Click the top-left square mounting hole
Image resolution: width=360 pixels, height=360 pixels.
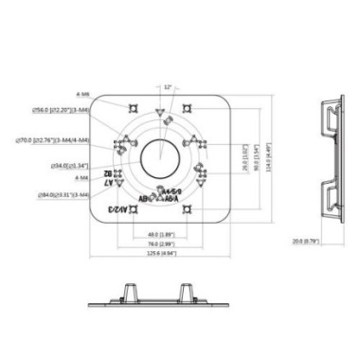[x=129, y=107]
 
